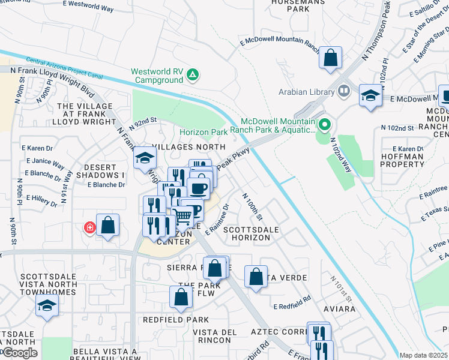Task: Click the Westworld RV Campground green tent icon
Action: point(193,75)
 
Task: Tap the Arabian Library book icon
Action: point(344,92)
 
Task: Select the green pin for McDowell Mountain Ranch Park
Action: point(325,125)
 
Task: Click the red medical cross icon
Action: point(90,227)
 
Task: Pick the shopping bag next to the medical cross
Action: point(107,226)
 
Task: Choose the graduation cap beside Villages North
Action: point(145,158)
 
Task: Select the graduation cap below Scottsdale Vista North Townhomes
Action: point(47,305)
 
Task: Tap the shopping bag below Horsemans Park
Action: point(330,58)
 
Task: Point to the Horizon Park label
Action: point(202,132)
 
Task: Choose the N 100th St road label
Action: point(252,206)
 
